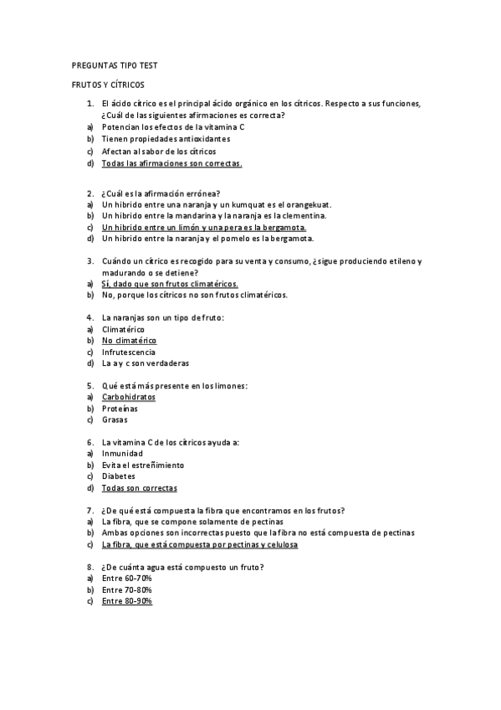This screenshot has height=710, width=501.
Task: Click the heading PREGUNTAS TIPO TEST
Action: tap(110, 65)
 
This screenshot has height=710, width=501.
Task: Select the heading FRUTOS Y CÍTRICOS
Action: tap(107, 85)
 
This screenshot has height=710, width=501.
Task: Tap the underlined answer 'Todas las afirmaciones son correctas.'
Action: tap(171, 163)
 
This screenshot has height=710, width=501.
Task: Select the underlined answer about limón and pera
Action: tap(204, 227)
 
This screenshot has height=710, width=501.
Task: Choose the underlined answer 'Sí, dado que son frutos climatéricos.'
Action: tap(170, 284)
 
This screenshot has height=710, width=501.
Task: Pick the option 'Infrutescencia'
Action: tap(129, 352)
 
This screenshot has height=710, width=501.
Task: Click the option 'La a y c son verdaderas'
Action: tap(146, 363)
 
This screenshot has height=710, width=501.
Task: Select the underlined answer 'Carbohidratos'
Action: tap(129, 397)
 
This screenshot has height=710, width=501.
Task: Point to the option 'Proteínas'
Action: tap(120, 409)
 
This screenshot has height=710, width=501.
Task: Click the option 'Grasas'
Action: tap(115, 419)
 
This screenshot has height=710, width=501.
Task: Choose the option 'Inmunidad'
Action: tap(123, 454)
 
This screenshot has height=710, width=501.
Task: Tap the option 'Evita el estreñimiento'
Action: tap(143, 465)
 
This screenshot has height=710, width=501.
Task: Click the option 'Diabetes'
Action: tap(118, 476)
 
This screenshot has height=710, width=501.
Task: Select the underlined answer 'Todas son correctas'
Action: tap(139, 487)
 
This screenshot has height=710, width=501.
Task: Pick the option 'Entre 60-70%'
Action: tap(126, 579)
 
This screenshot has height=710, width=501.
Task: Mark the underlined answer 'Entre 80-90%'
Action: tap(126, 601)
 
